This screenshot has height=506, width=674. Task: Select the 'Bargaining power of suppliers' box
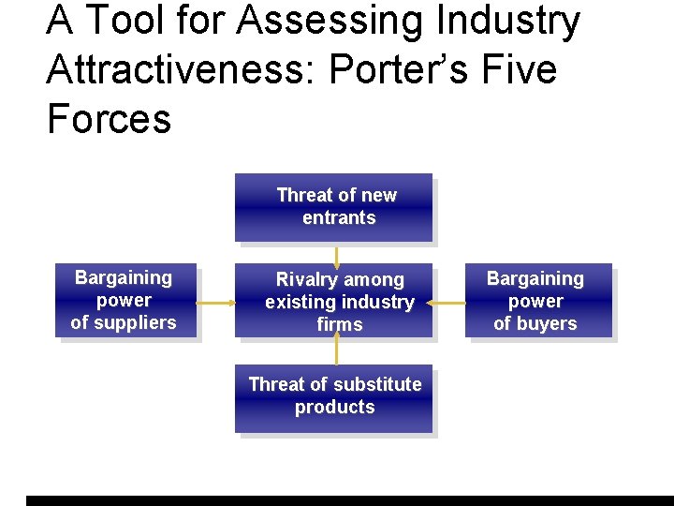pos(125,300)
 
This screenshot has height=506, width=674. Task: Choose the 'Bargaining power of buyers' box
pos(537,301)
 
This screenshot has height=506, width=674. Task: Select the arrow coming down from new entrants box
pos(337,255)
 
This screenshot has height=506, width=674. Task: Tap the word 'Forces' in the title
pos(109,119)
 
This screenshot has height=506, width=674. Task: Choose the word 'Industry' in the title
pos(499,21)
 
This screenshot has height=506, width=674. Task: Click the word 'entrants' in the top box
pos(339,218)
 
